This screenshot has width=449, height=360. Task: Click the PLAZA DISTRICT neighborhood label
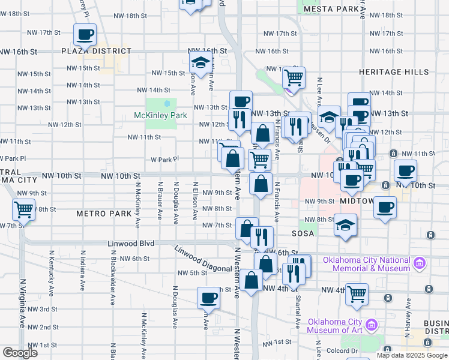(96, 52)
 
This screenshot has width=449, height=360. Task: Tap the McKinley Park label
(160, 115)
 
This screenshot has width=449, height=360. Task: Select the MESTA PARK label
(330, 9)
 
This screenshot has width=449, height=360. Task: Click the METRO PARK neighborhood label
(103, 214)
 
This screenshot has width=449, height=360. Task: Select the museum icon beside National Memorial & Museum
(420, 262)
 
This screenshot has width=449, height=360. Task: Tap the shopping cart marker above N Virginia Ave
(24, 209)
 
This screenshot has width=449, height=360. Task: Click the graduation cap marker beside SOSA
(345, 226)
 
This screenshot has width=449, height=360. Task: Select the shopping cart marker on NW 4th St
(357, 294)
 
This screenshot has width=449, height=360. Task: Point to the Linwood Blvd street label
(131, 244)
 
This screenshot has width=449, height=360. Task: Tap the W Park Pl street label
(161, 160)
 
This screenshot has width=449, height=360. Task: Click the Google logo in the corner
(19, 353)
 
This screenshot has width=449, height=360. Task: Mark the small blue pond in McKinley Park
(167, 103)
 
